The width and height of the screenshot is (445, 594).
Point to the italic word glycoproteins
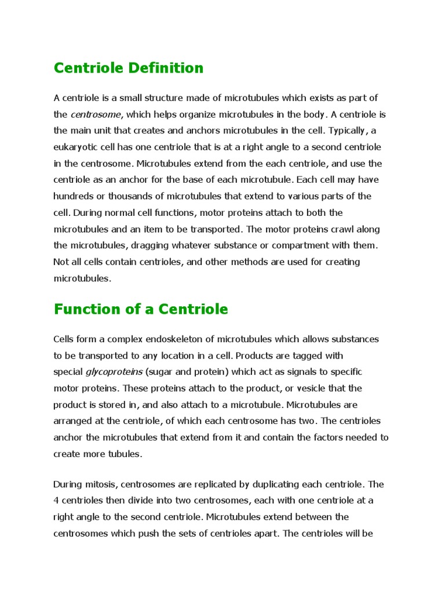coord(114,372)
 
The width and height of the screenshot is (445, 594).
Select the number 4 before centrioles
coord(56,501)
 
